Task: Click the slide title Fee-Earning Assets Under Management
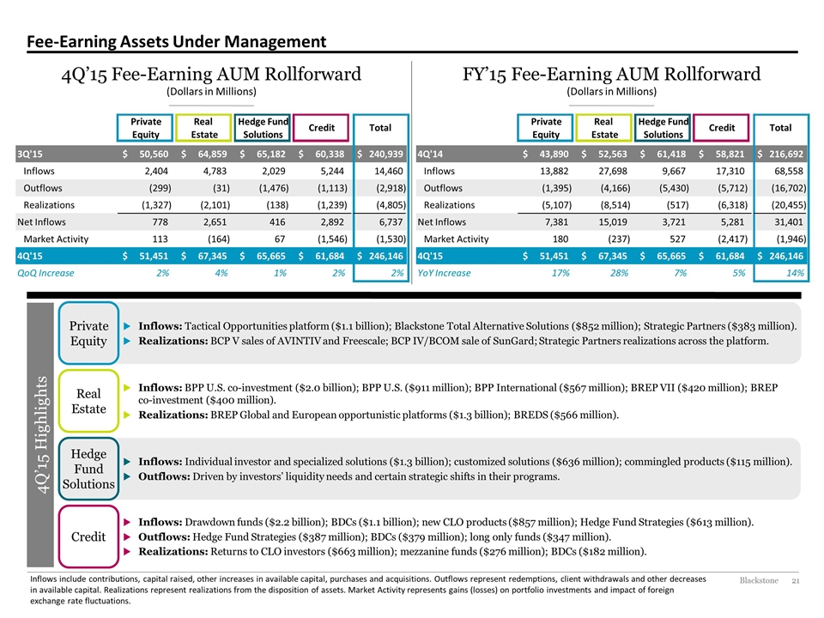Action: (177, 41)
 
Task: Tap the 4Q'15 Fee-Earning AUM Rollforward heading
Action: (211, 74)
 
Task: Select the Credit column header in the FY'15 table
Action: (721, 128)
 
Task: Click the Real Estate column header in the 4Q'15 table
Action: (203, 128)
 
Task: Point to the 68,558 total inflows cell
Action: (790, 171)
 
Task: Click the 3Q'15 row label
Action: (30, 154)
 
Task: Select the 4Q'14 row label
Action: (430, 154)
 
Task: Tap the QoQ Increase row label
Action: (45, 273)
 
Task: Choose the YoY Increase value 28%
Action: (619, 273)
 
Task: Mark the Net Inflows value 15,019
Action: (613, 221)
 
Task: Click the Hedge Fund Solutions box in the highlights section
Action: (88, 469)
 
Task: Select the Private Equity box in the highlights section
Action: (88, 333)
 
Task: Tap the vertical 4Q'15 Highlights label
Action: (41, 434)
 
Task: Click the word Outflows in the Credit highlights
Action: (163, 536)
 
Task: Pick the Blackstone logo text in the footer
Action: (759, 580)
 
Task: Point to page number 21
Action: (796, 580)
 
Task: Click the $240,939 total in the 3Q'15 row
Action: (380, 154)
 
